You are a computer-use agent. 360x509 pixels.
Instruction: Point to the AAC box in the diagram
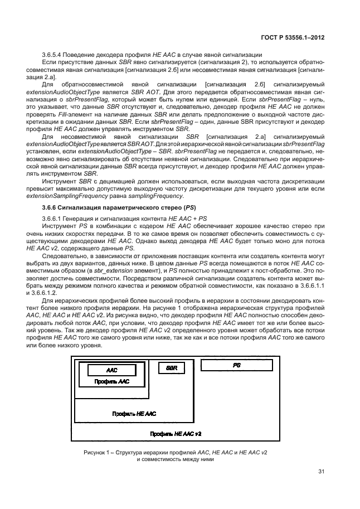112,370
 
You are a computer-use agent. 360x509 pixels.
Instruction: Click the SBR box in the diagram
172,368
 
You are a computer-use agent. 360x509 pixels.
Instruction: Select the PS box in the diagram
237,365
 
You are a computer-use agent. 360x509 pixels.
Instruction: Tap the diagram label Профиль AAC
111,381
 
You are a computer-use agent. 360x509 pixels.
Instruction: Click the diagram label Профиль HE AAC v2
176,433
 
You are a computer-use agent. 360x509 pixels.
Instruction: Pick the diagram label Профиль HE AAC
134,414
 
